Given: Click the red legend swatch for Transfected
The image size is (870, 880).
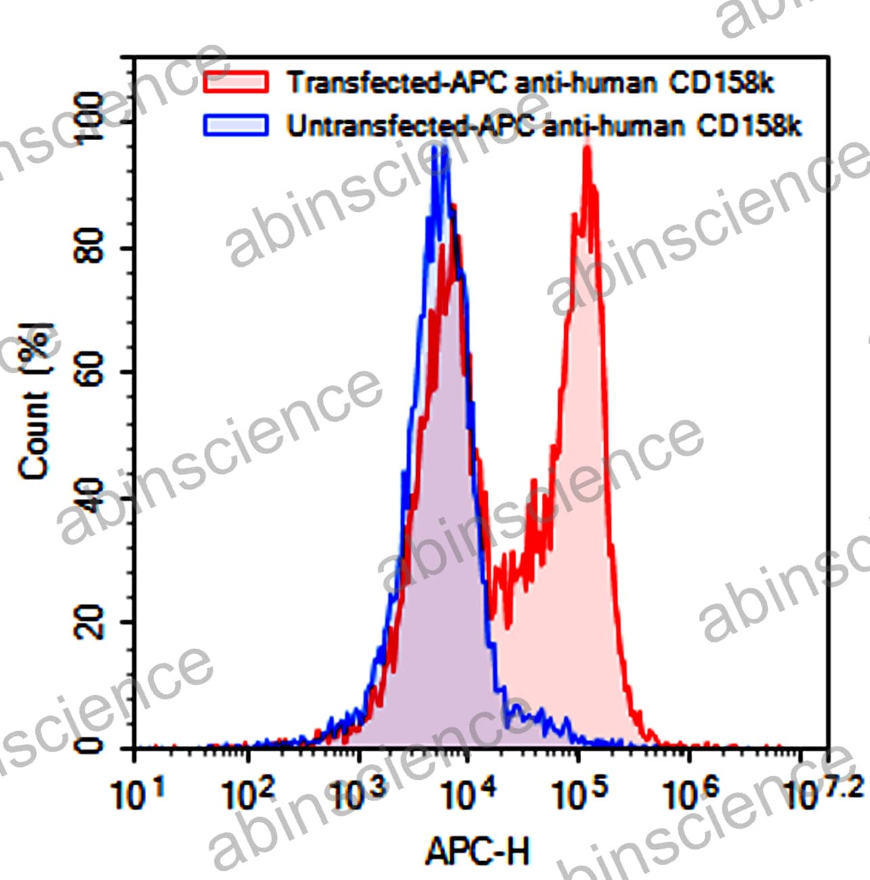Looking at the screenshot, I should tap(236, 81).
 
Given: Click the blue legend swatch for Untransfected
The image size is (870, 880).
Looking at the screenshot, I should tap(236, 125).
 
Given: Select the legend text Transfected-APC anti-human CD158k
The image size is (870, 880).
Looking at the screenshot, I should tap(530, 83).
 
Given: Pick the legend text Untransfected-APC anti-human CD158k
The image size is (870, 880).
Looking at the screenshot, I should tap(544, 126).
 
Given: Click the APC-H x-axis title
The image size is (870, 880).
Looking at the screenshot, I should tap(478, 852).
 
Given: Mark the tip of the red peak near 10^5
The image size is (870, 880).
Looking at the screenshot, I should tap(587, 148).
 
